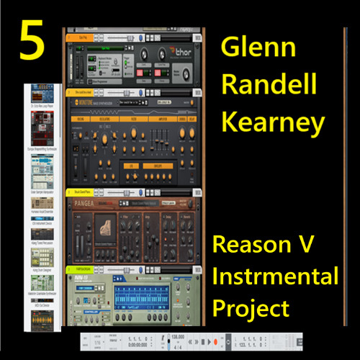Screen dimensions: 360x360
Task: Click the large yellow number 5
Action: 33,43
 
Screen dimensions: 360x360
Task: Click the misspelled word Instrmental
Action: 275,277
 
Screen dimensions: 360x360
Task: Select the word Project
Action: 250,308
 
